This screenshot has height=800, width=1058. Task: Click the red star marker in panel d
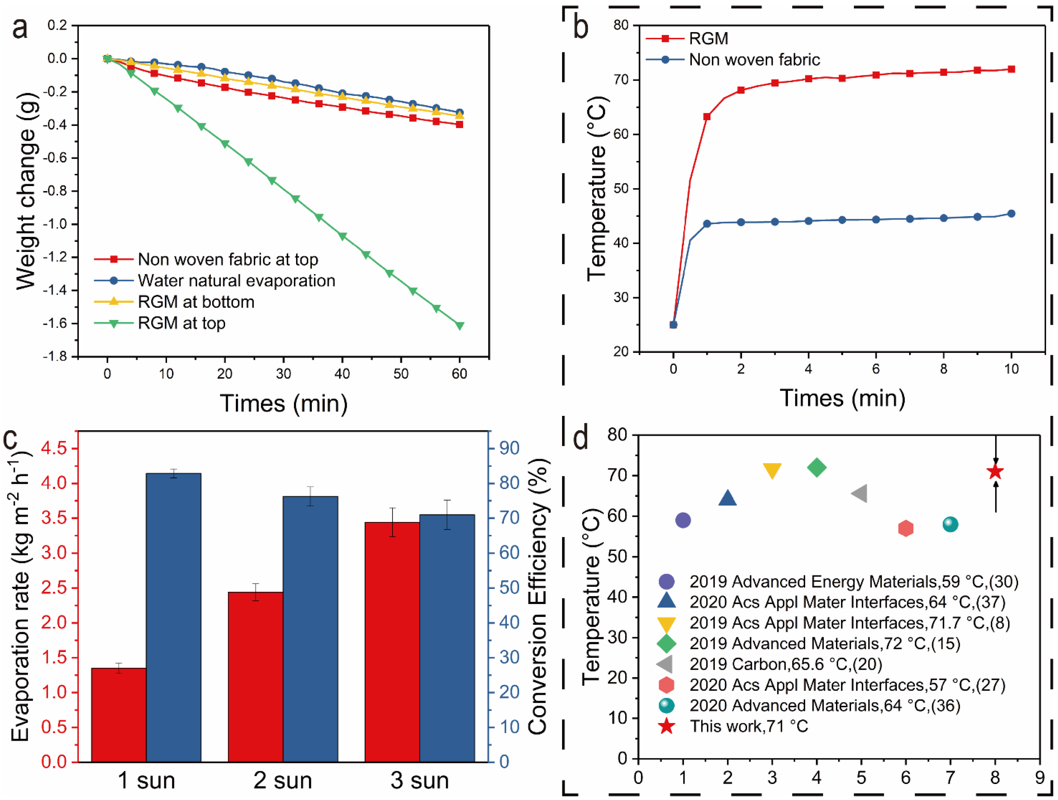pyautogui.click(x=995, y=472)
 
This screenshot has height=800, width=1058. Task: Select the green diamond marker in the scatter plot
pyautogui.click(x=816, y=467)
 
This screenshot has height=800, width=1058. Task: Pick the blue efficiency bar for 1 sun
pyautogui.click(x=174, y=617)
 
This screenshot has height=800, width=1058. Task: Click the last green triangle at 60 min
pyautogui.click(x=460, y=326)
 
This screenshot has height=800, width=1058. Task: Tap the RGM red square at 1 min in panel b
pyautogui.click(x=707, y=117)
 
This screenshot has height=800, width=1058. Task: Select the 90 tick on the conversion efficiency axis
pyautogui.click(x=509, y=448)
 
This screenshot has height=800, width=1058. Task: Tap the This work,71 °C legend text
pyautogui.click(x=749, y=726)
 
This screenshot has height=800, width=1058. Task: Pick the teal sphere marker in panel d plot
pyautogui.click(x=950, y=524)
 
